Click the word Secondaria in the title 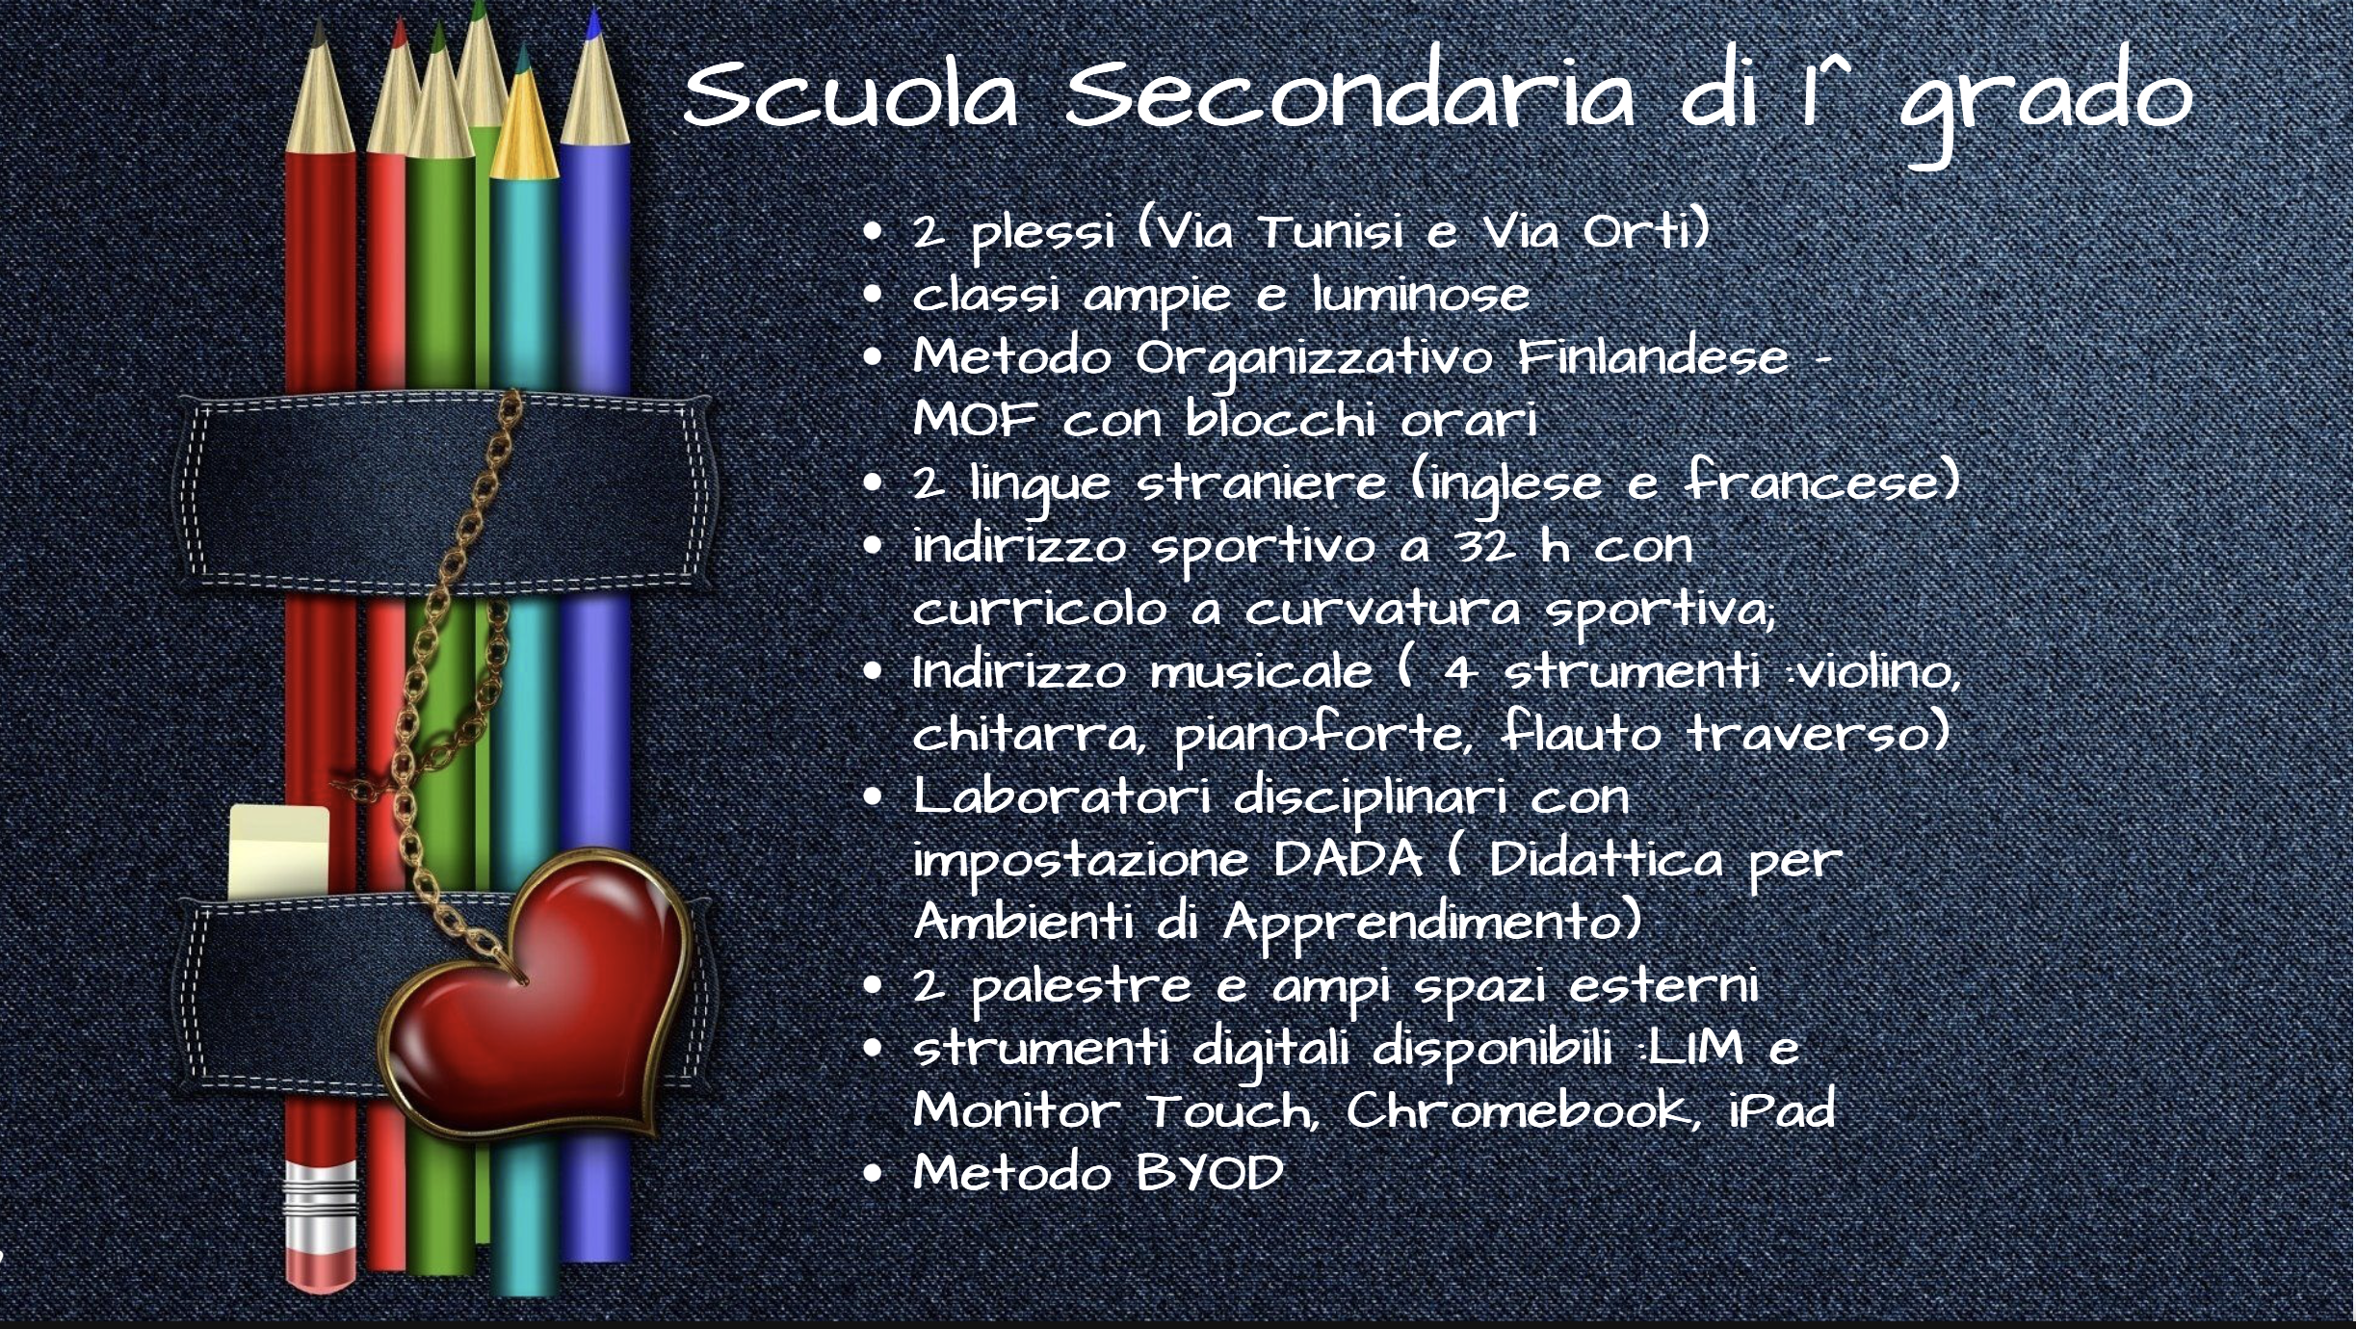pyautogui.click(x=1349, y=94)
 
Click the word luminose pyautogui.click(x=1421, y=295)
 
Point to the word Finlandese pyautogui.click(x=1653, y=356)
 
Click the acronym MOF pyautogui.click(x=975, y=420)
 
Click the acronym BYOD pyautogui.click(x=1210, y=1174)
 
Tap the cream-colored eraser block pyautogui.click(x=279, y=851)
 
